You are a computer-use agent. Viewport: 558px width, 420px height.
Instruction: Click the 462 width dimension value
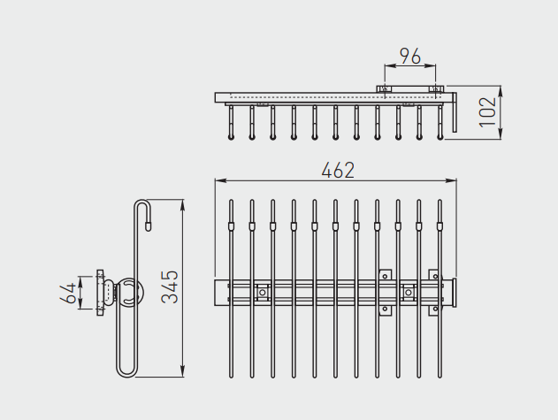[338, 170]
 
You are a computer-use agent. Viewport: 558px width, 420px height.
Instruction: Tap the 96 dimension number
[410, 57]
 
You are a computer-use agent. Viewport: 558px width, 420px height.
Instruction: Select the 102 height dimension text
[487, 112]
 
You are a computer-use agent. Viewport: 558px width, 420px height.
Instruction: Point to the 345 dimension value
[170, 286]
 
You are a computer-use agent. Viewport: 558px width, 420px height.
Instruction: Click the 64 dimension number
[68, 293]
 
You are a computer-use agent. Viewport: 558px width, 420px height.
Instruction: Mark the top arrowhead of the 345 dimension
[183, 205]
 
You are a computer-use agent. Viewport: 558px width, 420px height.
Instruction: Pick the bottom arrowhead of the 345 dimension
[183, 371]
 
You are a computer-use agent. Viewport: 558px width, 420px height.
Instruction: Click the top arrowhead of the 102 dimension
[501, 91]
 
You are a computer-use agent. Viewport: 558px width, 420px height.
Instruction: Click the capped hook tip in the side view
[148, 226]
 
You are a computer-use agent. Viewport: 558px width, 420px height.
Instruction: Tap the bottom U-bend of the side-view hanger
[126, 371]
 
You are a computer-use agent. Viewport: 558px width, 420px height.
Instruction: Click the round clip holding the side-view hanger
[130, 292]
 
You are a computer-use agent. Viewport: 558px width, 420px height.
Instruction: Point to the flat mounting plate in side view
[100, 293]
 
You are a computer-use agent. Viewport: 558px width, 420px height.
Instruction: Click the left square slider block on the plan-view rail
[263, 292]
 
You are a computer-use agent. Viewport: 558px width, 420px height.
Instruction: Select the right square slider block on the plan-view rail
[409, 292]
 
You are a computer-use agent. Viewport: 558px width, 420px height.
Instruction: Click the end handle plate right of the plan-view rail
[454, 293]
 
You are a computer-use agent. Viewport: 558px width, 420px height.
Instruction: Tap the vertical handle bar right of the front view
[455, 112]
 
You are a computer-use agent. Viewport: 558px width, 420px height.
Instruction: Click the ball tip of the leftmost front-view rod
[231, 137]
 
